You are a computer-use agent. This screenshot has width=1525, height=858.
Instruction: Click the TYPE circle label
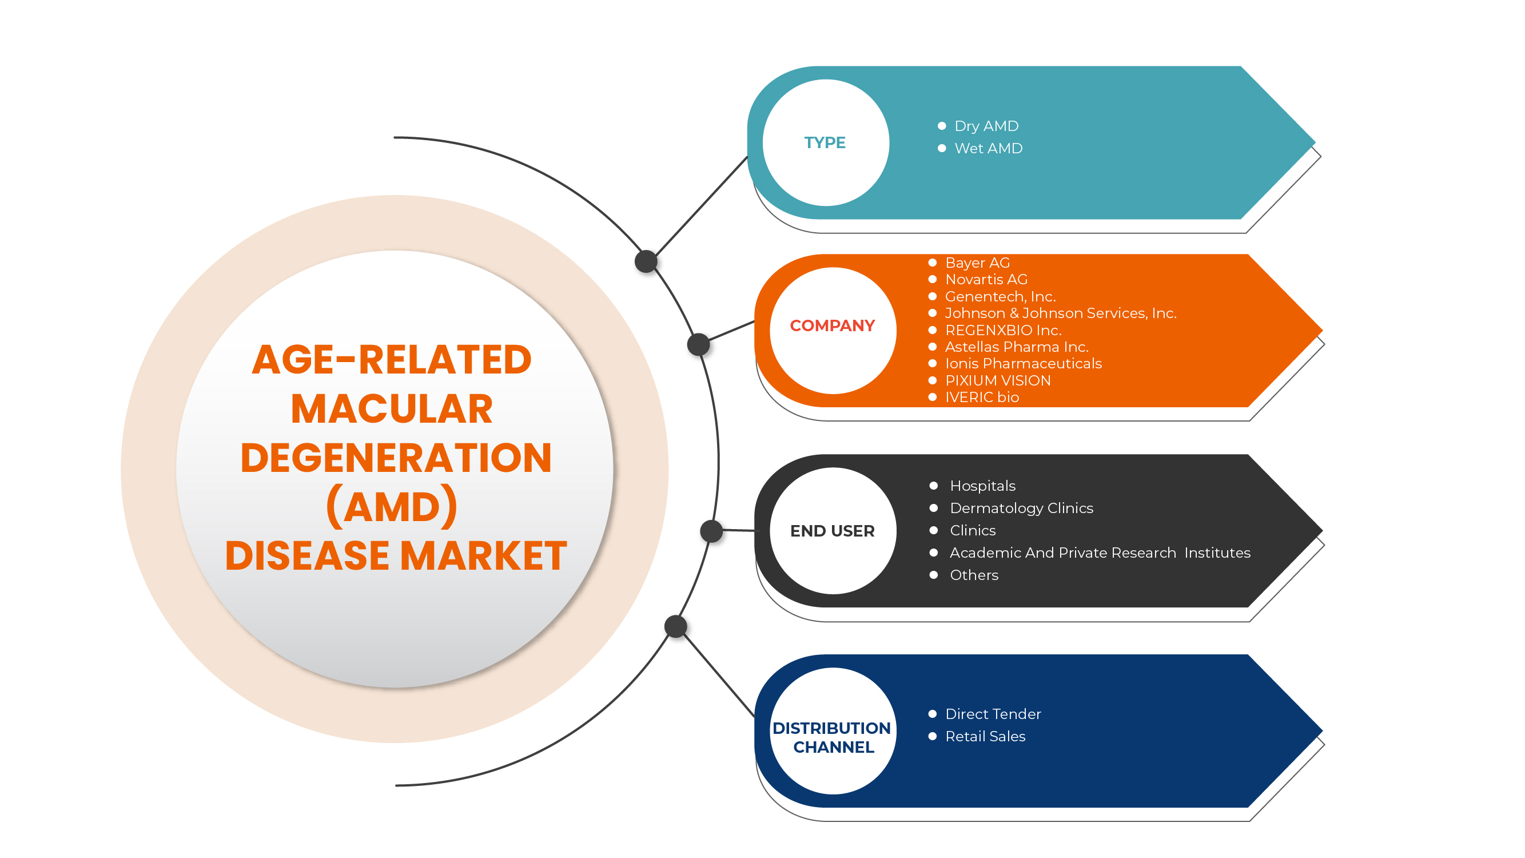(825, 142)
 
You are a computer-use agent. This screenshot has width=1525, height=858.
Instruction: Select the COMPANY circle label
(833, 325)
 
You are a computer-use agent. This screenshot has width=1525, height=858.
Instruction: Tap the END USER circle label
(833, 531)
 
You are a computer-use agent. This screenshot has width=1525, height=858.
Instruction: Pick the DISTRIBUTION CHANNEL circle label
(833, 737)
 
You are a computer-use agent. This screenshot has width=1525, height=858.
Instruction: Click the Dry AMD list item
(986, 126)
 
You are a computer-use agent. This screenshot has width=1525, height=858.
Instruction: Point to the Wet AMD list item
(988, 149)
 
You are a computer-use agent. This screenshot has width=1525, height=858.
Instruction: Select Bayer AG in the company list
(977, 263)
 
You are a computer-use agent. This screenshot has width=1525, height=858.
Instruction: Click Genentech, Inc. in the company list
(1000, 297)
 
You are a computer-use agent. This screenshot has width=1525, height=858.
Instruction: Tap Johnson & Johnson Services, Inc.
(1060, 313)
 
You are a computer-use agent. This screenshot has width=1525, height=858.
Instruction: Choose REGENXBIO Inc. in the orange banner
(1003, 331)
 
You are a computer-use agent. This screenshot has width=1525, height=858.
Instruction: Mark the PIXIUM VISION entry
(998, 381)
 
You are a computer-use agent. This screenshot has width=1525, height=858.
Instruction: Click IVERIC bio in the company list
(982, 398)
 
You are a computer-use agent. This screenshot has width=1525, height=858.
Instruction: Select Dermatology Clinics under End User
(1021, 508)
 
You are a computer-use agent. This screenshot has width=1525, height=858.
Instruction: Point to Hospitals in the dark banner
(982, 486)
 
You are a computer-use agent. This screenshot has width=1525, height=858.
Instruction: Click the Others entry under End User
(974, 575)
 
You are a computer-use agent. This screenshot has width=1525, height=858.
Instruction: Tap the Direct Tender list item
(993, 714)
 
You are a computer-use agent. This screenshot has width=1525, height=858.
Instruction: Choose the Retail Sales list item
(985, 737)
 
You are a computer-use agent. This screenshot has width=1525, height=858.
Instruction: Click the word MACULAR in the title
(392, 409)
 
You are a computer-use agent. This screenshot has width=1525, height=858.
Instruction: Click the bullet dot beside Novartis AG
(933, 280)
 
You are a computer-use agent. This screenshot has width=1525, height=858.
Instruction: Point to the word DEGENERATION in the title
(396, 458)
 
